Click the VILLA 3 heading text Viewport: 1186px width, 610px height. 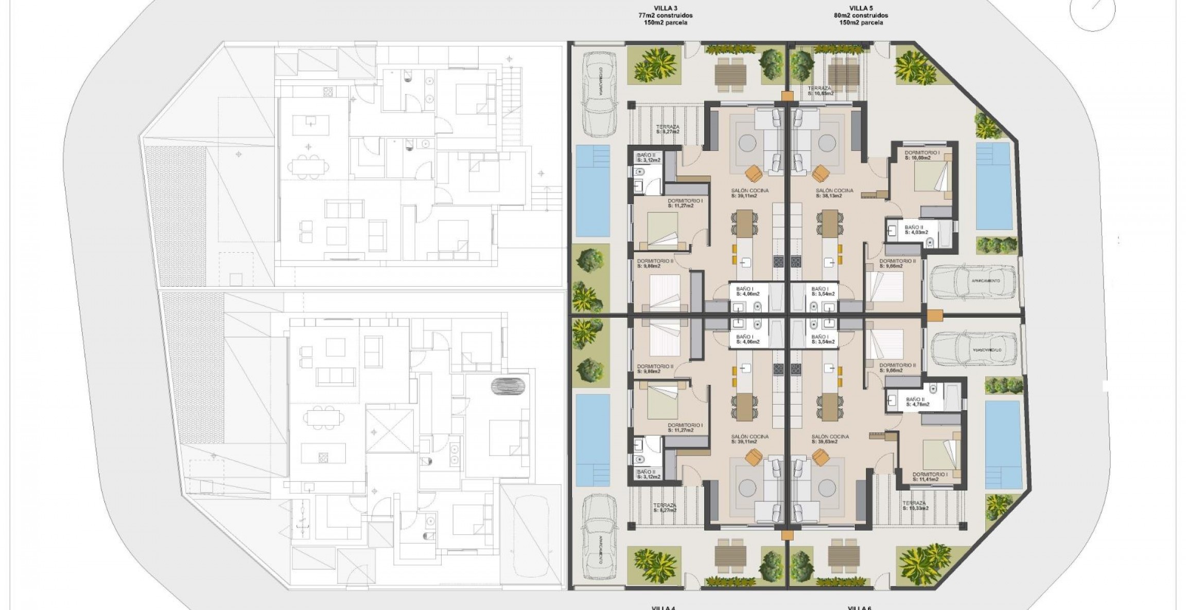[x=665, y=8]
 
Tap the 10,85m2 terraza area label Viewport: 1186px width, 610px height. [x=821, y=91]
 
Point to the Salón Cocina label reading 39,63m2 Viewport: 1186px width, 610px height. [x=830, y=439]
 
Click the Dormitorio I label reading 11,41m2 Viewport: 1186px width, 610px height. [x=929, y=477]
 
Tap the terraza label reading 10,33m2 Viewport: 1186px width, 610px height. [x=915, y=506]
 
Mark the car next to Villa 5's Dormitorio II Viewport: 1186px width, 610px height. [x=972, y=282]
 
